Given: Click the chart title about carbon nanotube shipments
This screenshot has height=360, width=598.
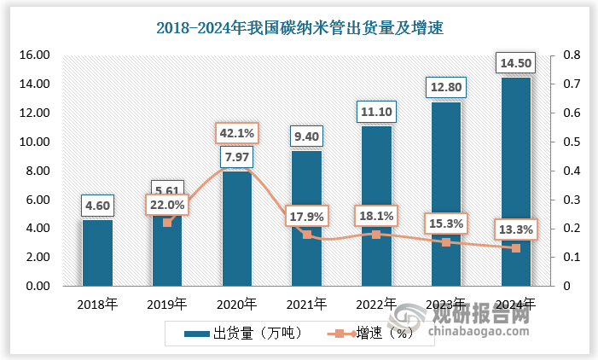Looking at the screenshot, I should click(x=299, y=27).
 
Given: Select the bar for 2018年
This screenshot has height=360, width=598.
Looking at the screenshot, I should click(x=97, y=253).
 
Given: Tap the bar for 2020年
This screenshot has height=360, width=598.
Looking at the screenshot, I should click(x=236, y=229).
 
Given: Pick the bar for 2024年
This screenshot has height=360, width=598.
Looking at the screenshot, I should click(x=515, y=182).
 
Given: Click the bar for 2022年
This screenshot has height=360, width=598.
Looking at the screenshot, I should click(x=376, y=206).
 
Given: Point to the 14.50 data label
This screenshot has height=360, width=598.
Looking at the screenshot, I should click(x=515, y=64).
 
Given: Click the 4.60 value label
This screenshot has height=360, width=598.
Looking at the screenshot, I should click(x=97, y=206).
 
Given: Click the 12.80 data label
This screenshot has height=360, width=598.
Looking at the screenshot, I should click(x=445, y=88).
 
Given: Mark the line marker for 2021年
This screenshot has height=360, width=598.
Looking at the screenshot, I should click(x=306, y=234).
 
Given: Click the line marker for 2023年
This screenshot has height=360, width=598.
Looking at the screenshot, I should click(x=445, y=242).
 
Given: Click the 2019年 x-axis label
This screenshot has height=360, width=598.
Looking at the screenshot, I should click(x=166, y=304).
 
